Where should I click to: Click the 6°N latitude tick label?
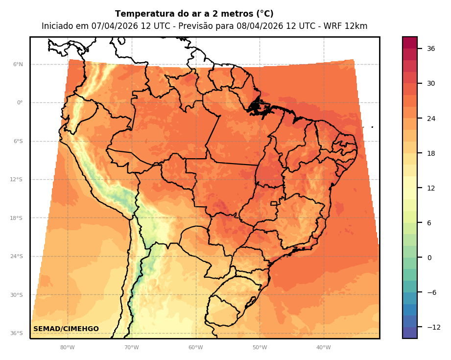18,64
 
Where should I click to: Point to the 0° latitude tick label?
20,103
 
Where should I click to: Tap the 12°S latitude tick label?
17,180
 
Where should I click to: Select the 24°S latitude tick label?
17,257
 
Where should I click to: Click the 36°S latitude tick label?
17,334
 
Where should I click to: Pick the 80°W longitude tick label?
68,348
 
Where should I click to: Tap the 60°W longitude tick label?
195,348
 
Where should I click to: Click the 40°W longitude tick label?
323,348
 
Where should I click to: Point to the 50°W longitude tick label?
260,348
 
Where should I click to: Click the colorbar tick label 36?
431,48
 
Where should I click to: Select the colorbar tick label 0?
429,258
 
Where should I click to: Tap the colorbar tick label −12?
433,327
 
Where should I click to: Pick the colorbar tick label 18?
431,153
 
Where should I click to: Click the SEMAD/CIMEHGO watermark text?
66,329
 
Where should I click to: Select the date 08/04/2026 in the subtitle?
242,26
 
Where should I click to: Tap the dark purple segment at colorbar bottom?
410,333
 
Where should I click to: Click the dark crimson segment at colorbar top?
410,43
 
